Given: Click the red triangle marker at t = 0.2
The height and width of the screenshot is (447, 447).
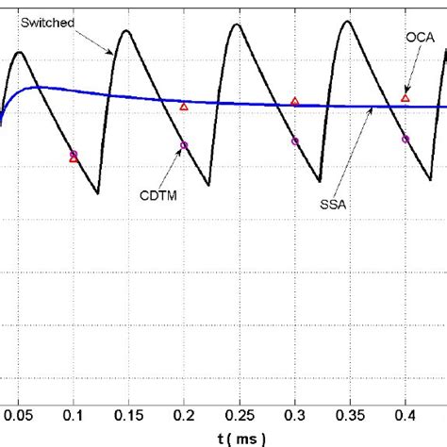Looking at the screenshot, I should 184,107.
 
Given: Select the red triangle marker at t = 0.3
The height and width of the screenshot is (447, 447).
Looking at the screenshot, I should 295,101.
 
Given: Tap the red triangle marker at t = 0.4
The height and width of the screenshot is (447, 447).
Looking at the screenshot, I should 406,97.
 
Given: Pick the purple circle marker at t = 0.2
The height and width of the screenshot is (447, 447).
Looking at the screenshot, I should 184,145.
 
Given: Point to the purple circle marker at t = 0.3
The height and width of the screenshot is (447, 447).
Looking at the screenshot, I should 295,141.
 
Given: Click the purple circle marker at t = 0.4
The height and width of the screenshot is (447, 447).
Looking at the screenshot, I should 406,139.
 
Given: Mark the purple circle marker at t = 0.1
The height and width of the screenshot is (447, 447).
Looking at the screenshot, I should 74,153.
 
